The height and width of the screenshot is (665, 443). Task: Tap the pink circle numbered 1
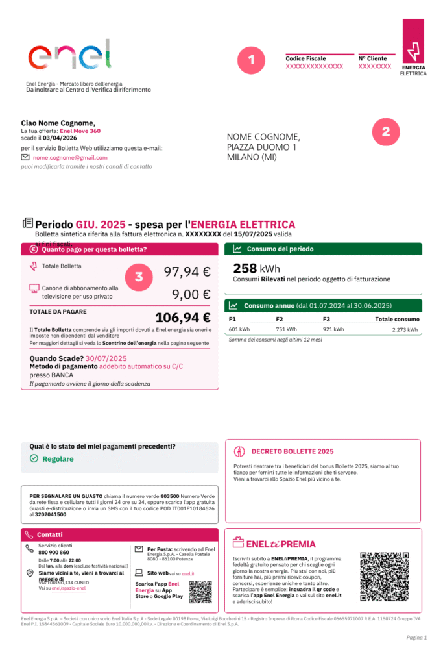point(251,60)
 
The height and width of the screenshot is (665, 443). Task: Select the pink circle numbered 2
point(386,132)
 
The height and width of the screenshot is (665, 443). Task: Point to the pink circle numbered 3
point(139,277)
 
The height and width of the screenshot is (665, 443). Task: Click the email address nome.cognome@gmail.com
point(70,158)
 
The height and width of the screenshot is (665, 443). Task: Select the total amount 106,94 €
point(182,318)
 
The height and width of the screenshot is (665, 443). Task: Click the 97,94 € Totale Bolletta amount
point(187,272)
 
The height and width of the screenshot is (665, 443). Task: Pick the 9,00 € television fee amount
point(191,294)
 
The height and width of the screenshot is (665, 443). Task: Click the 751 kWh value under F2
point(286,329)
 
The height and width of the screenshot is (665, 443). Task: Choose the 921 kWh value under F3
point(333,329)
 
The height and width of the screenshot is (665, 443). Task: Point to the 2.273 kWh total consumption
point(405,330)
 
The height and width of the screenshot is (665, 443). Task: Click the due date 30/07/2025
point(106,358)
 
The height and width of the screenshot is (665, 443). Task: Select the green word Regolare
point(58,458)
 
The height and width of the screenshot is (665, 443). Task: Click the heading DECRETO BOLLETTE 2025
point(292,451)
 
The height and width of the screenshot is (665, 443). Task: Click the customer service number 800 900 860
point(53,553)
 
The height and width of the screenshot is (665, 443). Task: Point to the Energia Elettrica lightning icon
point(413,51)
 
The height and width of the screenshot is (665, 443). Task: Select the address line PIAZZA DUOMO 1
point(261,147)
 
